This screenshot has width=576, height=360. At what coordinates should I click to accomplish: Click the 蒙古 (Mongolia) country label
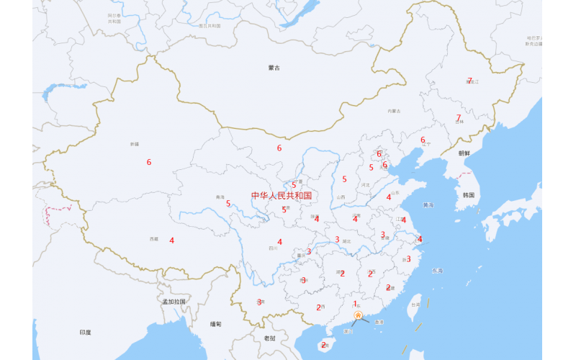pyautogui.click(x=274, y=68)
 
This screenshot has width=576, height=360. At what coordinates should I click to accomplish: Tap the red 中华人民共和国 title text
pyautogui.click(x=281, y=195)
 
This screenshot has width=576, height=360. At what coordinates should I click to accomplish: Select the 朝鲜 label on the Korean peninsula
pyautogui.click(x=464, y=153)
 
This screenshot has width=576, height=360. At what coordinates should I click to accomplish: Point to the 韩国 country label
pyautogui.click(x=469, y=195)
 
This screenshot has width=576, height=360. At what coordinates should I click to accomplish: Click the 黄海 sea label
pyautogui.click(x=428, y=205)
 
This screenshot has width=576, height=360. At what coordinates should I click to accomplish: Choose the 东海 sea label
pyautogui.click(x=437, y=271)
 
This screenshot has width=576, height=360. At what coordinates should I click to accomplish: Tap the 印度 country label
pyautogui.click(x=85, y=332)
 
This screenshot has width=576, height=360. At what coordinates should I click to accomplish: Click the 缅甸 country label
pyautogui.click(x=216, y=324)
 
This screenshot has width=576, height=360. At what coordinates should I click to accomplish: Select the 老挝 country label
pyautogui.click(x=269, y=338)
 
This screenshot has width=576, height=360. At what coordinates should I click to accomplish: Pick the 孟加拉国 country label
pyautogui.click(x=174, y=301)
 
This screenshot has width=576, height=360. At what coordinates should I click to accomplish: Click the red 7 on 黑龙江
pyautogui.click(x=469, y=81)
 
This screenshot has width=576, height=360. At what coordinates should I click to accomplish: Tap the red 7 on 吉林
pyautogui.click(x=458, y=118)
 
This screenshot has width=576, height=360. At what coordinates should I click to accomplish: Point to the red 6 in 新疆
pyautogui.click(x=149, y=162)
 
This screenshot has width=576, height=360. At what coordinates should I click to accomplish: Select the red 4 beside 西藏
pyautogui.click(x=172, y=240)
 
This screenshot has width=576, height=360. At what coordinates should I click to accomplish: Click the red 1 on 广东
pyautogui.click(x=354, y=303)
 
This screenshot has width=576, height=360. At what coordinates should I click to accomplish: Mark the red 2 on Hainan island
pyautogui.click(x=324, y=345)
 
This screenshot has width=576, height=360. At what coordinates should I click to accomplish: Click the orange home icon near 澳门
pyautogui.click(x=358, y=315)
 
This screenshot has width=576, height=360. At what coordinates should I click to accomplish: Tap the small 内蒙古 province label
pyautogui.click(x=393, y=111)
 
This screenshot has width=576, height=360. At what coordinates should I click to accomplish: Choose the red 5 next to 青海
pyautogui.click(x=228, y=203)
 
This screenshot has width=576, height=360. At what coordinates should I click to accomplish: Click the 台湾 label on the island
pyautogui.click(x=415, y=304)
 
